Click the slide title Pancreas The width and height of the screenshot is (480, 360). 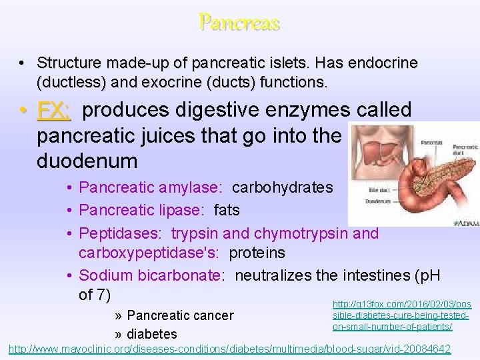[x=239, y=23]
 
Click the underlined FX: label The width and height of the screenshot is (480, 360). [x=54, y=110]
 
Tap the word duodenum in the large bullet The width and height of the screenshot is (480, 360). [x=87, y=161]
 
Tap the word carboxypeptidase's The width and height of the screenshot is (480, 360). [x=149, y=253]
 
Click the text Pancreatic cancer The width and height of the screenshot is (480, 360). [x=180, y=315]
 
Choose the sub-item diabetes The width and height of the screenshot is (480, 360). [x=152, y=334]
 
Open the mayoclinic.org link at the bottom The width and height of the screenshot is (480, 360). [x=229, y=349]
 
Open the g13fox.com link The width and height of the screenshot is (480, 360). [x=401, y=315]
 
